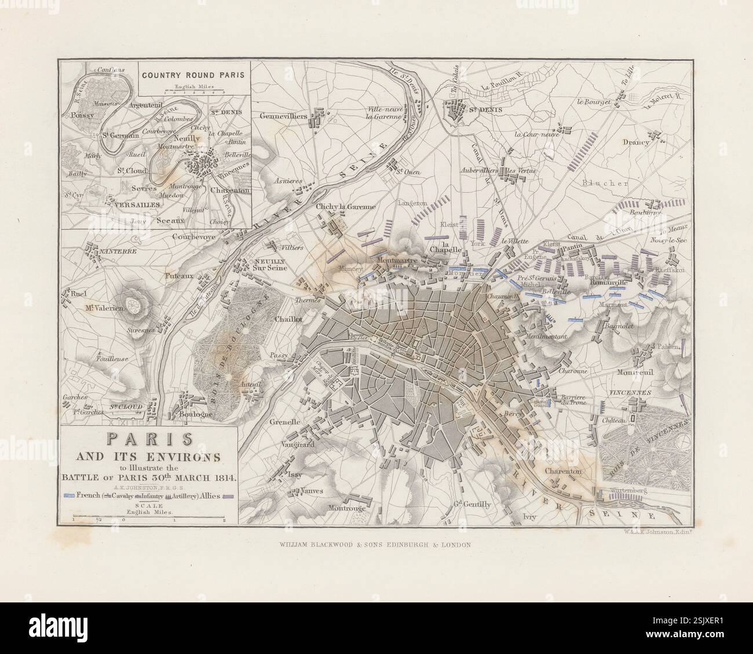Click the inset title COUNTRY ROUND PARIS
pyautogui.click(x=194, y=74)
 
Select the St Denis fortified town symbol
pyautogui.click(x=458, y=111)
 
